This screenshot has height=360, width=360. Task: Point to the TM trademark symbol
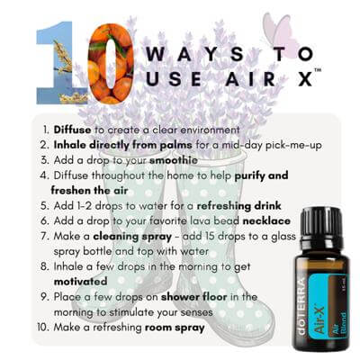tap(318, 70)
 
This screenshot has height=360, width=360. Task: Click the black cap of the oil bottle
tap(321, 223)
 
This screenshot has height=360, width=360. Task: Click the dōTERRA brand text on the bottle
tap(301, 307)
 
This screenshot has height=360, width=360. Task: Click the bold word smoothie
tap(174, 160)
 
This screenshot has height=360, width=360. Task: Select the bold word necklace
tap(266, 221)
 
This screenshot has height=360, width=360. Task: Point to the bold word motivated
tap(80, 282)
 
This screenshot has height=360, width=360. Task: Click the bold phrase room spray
tap(175, 328)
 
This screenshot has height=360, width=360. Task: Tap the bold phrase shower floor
tap(193, 297)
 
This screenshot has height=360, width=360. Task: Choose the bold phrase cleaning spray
tap(132, 237)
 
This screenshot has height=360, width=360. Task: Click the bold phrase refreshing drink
tap(239, 206)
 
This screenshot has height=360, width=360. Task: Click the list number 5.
tap(44, 206)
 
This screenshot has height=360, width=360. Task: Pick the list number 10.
tap(43, 327)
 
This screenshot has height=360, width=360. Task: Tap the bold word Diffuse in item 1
tap(72, 130)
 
